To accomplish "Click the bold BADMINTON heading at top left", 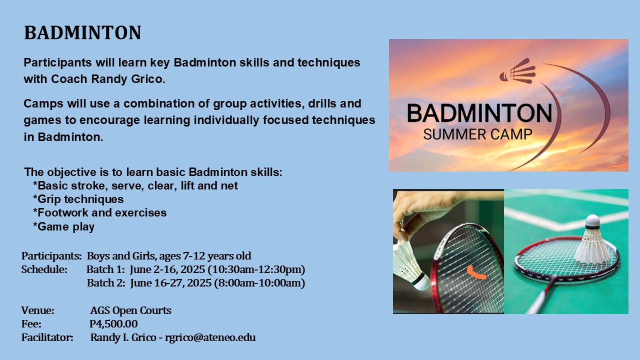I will tap(82, 33).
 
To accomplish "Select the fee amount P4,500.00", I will tap(113, 324).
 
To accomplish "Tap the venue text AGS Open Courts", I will tap(130, 310).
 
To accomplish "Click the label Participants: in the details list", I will tap(51, 256).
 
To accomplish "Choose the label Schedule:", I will tap(44, 270).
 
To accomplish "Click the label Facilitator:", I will tap(47, 337).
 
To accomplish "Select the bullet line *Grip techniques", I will tap(78, 199).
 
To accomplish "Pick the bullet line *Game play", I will tap(63, 226).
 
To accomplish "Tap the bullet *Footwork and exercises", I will tap(99, 213).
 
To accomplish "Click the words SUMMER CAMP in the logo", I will tap(477, 134).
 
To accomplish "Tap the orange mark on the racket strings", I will tap(475, 272).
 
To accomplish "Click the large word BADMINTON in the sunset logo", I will tap(479, 113).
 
